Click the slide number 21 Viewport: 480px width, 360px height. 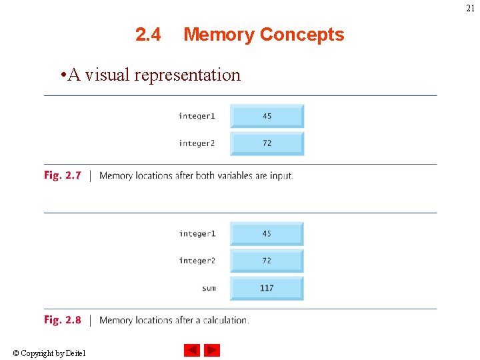point(471,9)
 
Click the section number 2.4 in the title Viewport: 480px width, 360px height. point(148,35)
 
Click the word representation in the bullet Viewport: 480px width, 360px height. point(187,75)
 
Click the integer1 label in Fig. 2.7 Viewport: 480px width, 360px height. point(197,116)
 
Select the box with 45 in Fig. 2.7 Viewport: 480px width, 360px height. point(267,116)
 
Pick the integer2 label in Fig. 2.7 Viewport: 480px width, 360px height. point(197,143)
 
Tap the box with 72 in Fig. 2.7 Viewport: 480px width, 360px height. point(267,143)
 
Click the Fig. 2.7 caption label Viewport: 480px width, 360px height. point(63,175)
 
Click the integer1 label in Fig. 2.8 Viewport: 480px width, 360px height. point(197,234)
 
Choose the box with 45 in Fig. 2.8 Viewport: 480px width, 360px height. point(267,234)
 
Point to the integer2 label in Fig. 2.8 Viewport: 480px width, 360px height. point(197,261)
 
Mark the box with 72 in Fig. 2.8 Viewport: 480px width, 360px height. point(267,261)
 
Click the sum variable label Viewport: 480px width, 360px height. point(209,288)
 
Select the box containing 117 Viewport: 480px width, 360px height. point(267,288)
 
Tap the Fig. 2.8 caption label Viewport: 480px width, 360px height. point(63,320)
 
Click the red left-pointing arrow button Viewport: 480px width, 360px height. point(192,350)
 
